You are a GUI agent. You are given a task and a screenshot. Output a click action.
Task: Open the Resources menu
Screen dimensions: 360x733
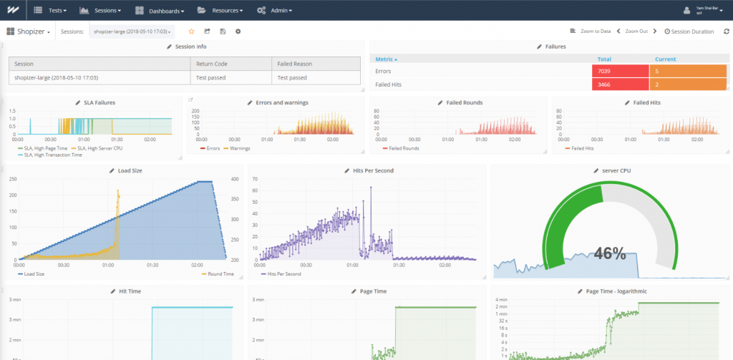[x=221, y=11]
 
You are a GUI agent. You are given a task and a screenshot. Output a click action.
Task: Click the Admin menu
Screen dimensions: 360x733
[x=275, y=11]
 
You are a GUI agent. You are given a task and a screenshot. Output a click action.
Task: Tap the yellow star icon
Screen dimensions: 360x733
[x=191, y=31]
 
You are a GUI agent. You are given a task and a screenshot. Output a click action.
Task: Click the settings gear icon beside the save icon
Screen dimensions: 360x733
[x=238, y=31]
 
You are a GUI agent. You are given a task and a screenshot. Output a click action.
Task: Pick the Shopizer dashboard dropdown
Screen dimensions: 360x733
[x=29, y=31]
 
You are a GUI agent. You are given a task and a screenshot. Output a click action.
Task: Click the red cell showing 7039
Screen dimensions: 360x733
[x=621, y=72]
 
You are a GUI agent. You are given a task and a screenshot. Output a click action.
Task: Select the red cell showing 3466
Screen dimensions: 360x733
[x=621, y=84]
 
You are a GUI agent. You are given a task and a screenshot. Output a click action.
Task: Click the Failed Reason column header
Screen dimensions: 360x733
[x=294, y=64]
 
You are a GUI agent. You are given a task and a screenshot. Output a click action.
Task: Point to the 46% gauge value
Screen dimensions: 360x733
[x=609, y=253]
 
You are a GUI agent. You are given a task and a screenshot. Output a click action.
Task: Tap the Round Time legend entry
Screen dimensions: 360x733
[x=218, y=273]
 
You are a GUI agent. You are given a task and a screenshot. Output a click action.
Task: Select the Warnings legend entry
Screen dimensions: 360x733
[x=239, y=148]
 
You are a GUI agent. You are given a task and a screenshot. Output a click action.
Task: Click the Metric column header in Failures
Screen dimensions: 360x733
[x=387, y=59]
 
